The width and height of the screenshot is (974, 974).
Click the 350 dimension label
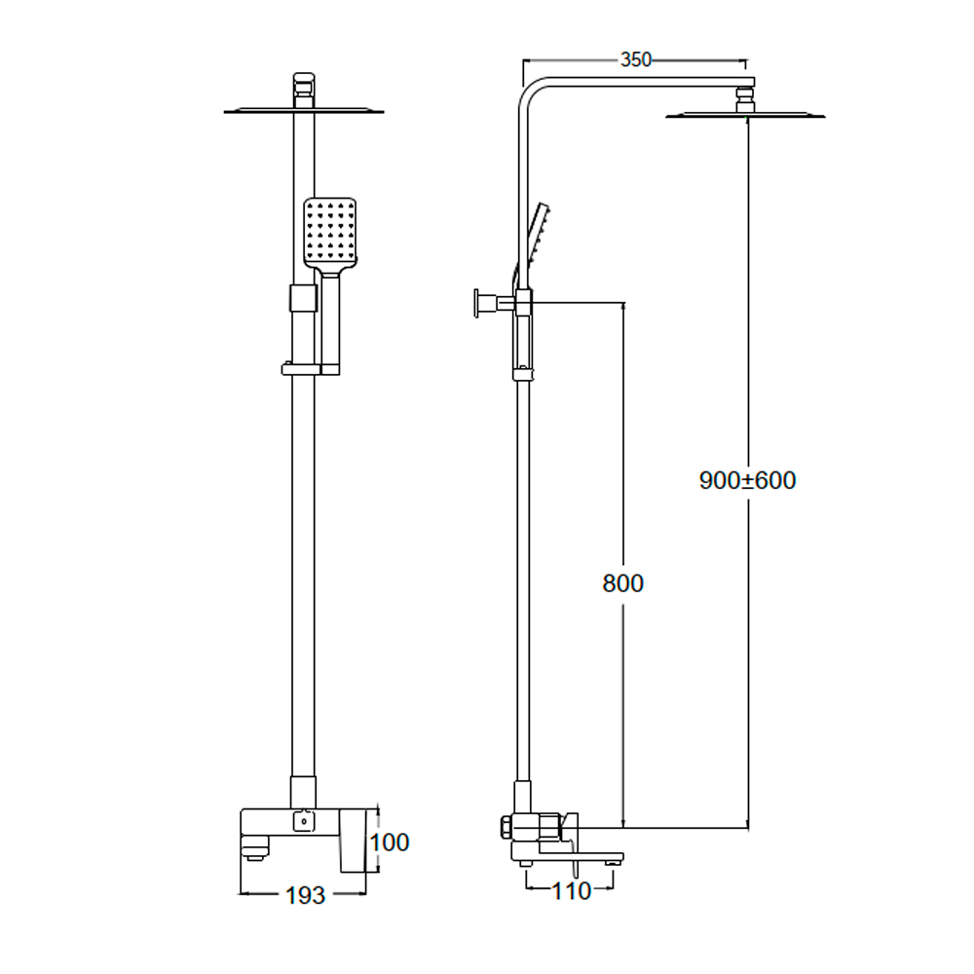[x=635, y=59]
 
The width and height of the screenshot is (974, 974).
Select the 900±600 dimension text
[x=748, y=480]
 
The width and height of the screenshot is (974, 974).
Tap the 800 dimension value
[x=623, y=583]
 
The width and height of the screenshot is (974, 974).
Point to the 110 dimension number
[x=571, y=890]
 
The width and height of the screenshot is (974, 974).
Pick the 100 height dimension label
[x=391, y=843]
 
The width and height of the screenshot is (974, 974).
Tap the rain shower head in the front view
[x=304, y=111]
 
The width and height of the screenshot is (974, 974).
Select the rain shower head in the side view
[x=746, y=115]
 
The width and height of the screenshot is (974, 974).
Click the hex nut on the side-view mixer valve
[x=506, y=828]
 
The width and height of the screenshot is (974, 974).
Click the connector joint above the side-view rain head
[x=746, y=97]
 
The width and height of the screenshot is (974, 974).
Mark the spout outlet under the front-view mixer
[x=253, y=854]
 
